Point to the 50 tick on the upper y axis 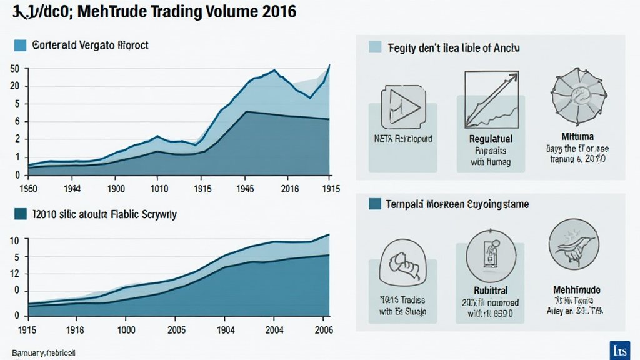[x=15, y=69]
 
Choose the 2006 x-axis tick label [x=322, y=329]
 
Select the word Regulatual [x=491, y=139]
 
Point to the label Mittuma [x=578, y=136]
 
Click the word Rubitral [x=491, y=291]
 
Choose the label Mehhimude [x=577, y=290]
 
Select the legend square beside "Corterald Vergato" [x=20, y=46]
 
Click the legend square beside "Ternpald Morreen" [x=375, y=204]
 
